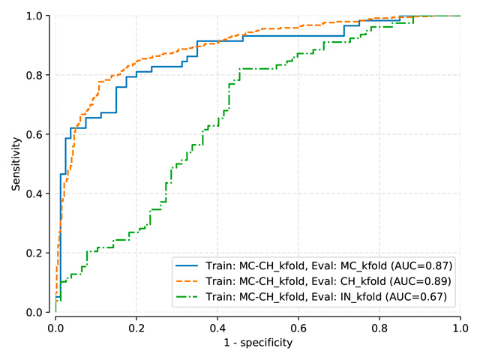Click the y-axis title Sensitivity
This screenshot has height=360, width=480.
coord(15,163)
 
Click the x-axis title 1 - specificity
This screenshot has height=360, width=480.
coord(258,343)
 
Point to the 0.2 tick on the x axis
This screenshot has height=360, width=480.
coord(136,327)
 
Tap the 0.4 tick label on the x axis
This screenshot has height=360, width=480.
coord(217,327)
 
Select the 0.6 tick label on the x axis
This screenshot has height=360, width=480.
coord(298,327)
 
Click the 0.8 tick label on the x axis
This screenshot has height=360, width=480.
coord(379,327)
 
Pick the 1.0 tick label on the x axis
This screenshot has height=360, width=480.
coord(460,327)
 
